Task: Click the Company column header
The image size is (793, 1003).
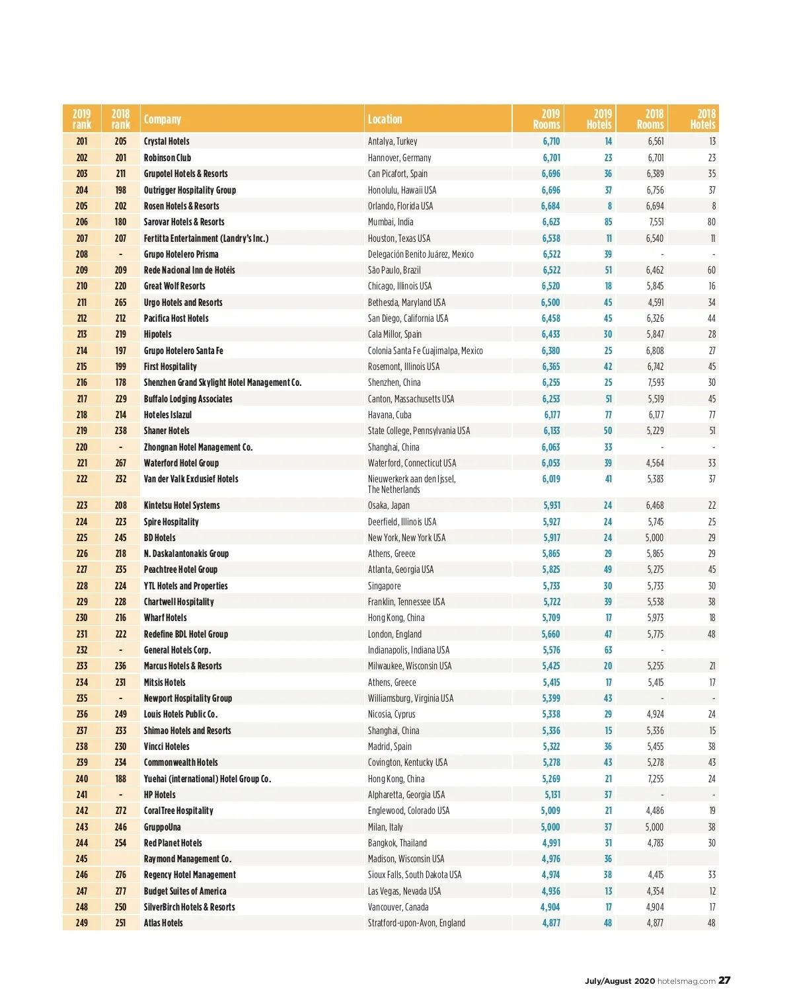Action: [163, 119]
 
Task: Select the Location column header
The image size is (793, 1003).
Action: [385, 119]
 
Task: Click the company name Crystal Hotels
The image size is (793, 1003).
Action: [167, 141]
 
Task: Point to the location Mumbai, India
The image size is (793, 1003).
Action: [391, 222]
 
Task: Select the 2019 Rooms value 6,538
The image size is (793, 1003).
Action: [551, 238]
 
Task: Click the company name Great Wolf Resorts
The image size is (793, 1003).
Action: [174, 286]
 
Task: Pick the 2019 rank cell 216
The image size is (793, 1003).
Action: [82, 383]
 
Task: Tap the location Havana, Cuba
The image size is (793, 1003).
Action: [389, 415]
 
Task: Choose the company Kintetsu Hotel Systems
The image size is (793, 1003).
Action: [182, 505]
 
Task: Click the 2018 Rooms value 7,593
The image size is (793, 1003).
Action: [656, 383]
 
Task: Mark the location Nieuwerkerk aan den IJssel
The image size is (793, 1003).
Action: [412, 479]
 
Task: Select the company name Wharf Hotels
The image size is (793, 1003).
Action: [165, 618]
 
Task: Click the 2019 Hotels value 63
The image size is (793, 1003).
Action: [608, 650]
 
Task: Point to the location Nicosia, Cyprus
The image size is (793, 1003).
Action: [391, 714]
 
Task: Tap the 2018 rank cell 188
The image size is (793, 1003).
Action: [121, 778]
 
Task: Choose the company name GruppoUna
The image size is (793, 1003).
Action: [163, 827]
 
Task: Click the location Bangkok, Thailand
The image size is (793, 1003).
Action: [397, 843]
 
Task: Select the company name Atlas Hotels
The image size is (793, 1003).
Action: [163, 923]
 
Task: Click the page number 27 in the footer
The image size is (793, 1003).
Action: [724, 981]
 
